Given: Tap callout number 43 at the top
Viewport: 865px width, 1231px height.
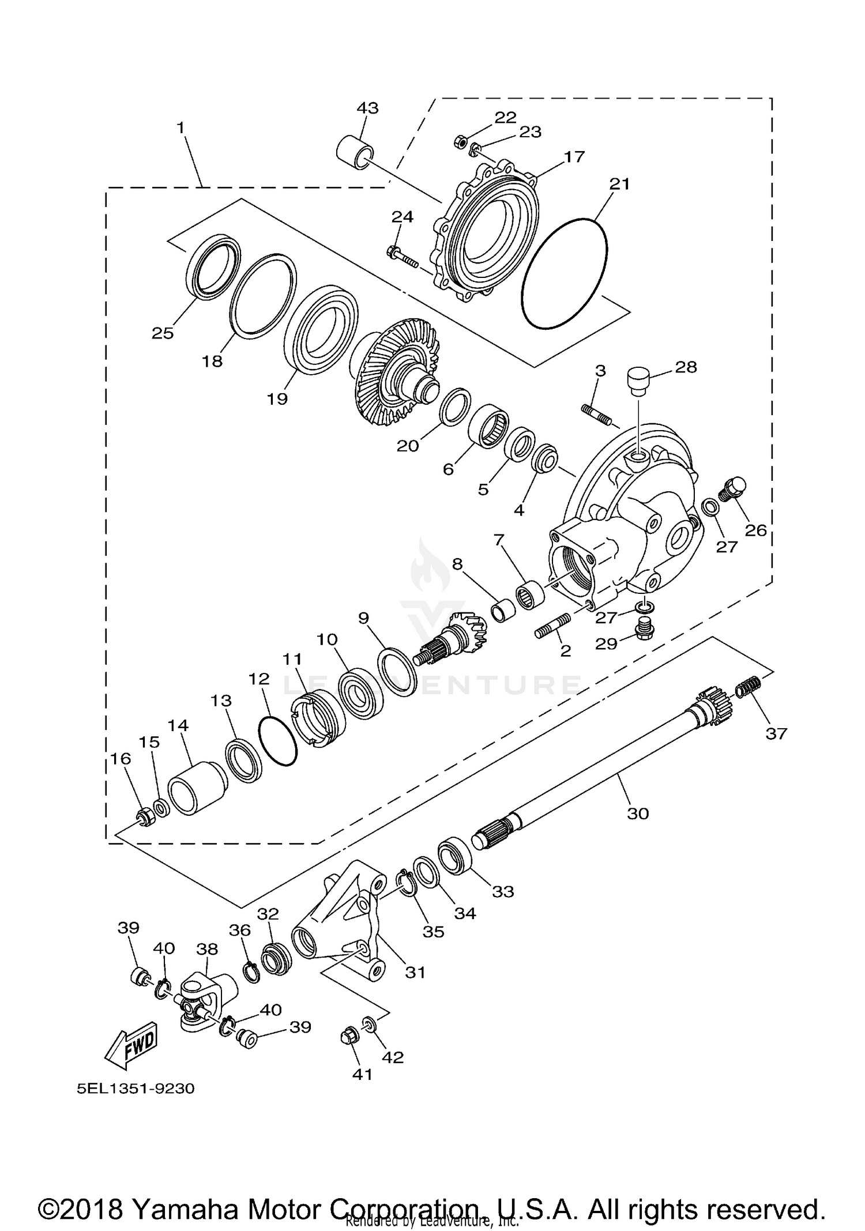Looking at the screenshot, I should (x=367, y=108).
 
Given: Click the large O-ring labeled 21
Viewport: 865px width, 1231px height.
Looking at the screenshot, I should (x=564, y=274).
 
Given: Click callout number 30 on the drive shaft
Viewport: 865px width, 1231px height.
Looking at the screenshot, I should (x=638, y=814).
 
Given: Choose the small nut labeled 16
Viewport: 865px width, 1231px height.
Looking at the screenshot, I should (x=145, y=817).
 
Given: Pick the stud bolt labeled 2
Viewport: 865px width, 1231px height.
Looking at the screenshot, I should (x=554, y=625).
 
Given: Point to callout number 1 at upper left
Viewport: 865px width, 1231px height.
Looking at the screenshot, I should (x=182, y=128).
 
